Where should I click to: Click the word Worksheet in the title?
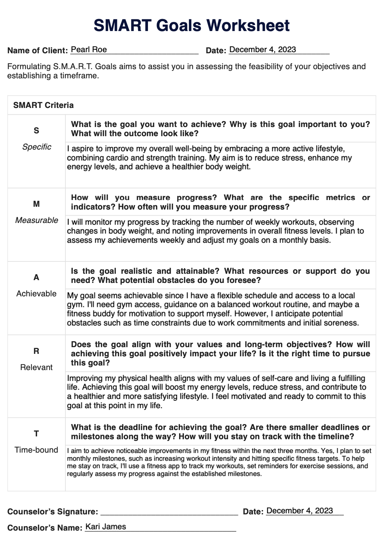(248, 26)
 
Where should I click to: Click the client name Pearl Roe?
(89, 49)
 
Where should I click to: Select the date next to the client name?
(262, 49)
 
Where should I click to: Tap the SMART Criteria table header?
(43, 105)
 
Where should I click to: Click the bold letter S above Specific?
(36, 131)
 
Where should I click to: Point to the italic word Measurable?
(36, 220)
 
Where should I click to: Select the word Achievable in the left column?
(36, 294)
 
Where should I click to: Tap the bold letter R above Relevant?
(36, 351)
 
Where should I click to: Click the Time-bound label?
(36, 450)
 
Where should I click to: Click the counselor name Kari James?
(106, 526)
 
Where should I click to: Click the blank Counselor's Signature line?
(169, 512)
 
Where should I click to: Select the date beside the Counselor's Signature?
(300, 510)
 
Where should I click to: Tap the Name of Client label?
(37, 50)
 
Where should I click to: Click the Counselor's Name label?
(45, 528)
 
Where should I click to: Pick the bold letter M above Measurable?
(36, 204)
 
